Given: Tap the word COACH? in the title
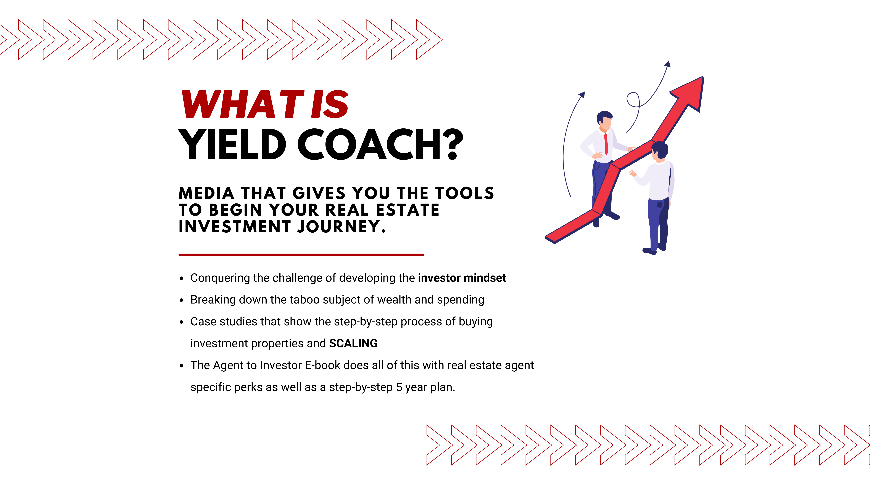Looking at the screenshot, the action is click(x=380, y=144).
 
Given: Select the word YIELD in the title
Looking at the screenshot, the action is click(x=232, y=144).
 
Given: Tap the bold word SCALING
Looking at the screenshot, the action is click(x=353, y=343).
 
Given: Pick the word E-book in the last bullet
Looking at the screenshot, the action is click(x=322, y=365).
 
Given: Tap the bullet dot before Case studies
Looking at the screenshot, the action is click(x=182, y=322).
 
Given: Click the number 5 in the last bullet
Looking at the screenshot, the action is click(x=399, y=387).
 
